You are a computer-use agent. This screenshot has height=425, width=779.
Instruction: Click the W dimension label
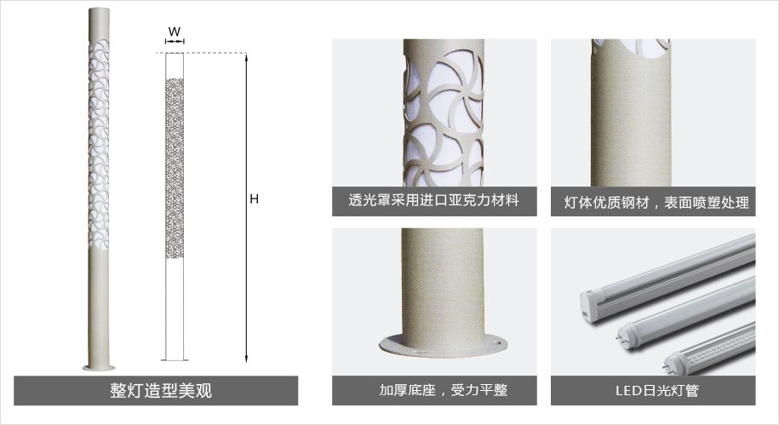click(x=175, y=32)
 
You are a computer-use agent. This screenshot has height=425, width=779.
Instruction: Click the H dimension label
click(x=254, y=199)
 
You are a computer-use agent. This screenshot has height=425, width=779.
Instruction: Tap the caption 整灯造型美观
click(x=161, y=391)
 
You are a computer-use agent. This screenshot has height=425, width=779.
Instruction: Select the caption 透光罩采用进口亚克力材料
click(x=433, y=200)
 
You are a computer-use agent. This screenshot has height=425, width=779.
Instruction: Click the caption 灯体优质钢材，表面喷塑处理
click(x=656, y=203)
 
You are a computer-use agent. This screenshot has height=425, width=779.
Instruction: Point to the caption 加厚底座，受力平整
click(x=444, y=390)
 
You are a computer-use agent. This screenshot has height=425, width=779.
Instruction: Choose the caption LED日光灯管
click(x=656, y=390)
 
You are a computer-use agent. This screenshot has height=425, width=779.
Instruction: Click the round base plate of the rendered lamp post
click(x=99, y=368)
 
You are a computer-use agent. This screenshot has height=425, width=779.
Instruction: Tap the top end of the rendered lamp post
click(x=99, y=10)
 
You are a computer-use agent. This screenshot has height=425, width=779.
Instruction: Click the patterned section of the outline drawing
click(x=175, y=168)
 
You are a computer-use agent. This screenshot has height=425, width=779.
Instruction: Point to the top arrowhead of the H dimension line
click(x=246, y=56)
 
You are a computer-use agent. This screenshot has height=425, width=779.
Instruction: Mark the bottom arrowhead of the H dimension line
click(x=246, y=359)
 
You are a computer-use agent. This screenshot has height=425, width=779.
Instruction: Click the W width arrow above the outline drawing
click(x=175, y=42)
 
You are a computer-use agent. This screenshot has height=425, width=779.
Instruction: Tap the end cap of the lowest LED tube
click(x=674, y=362)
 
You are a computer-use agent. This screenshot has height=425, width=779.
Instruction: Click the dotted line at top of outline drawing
click(x=201, y=53)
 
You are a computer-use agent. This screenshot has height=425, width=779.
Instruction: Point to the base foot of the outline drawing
click(x=175, y=359)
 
